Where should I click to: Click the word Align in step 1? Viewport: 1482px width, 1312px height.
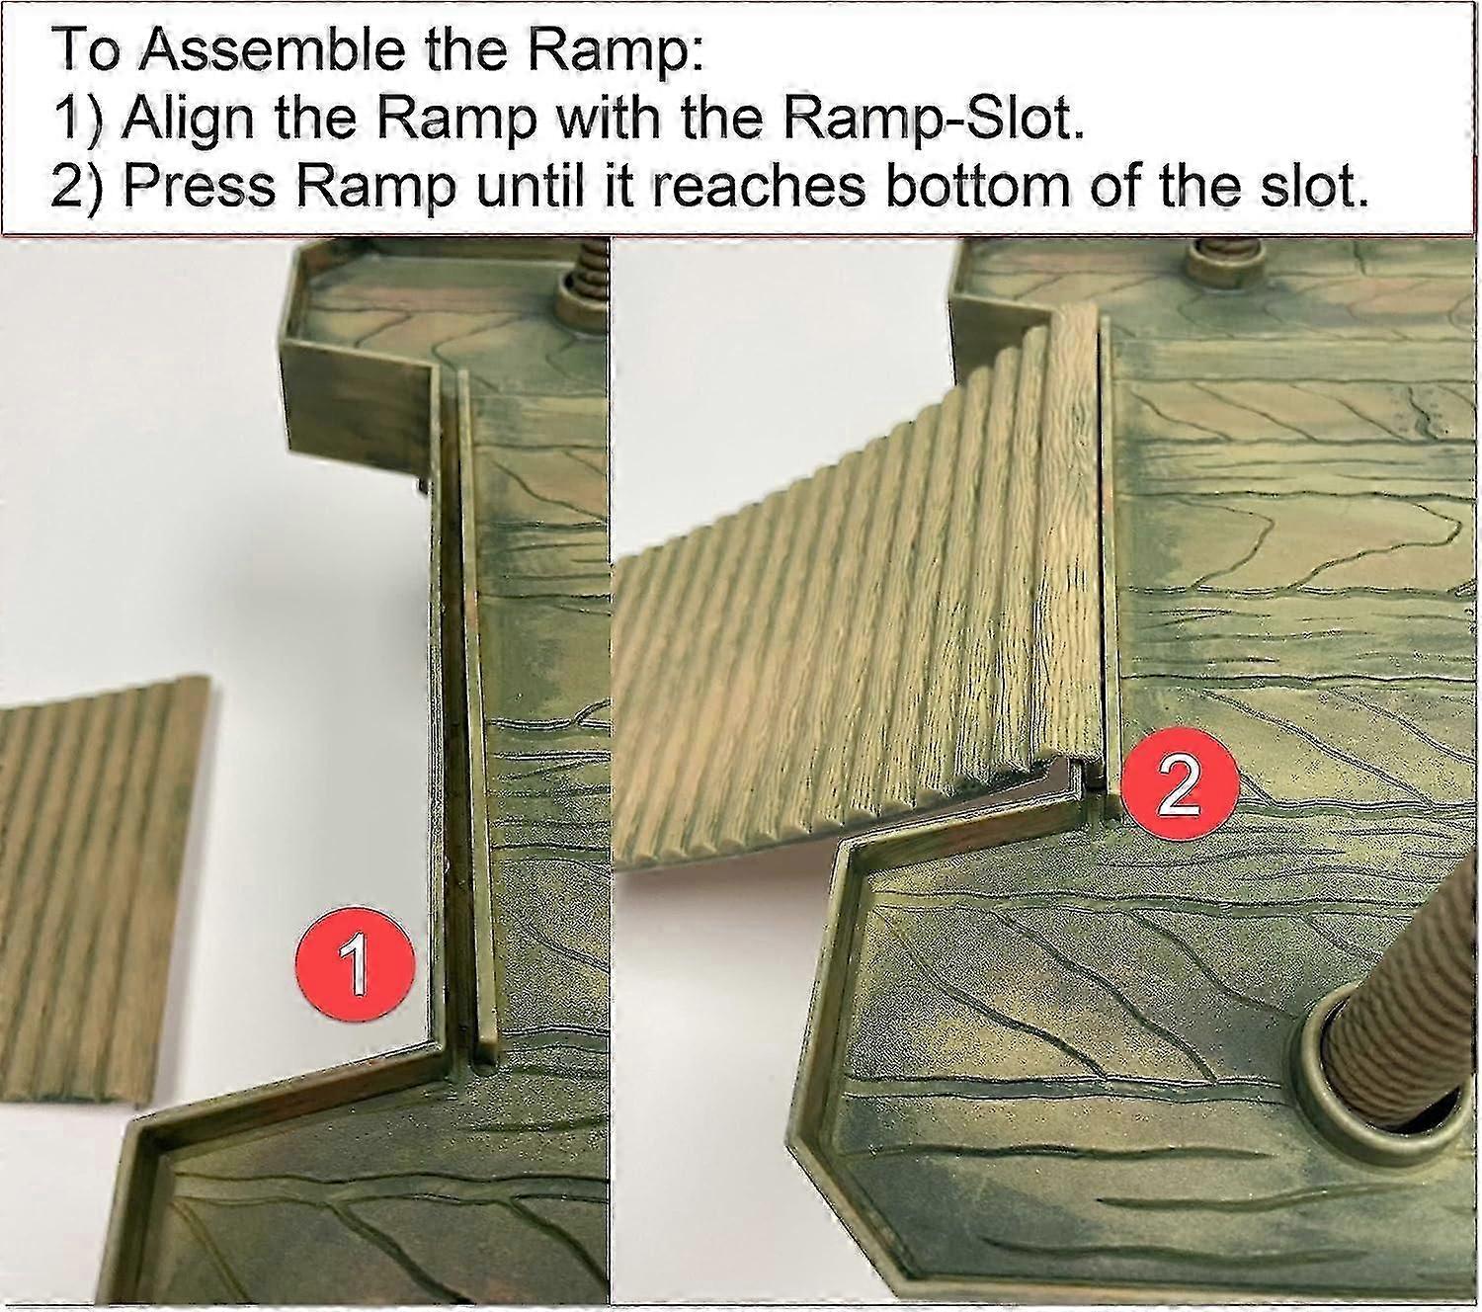(x=191, y=120)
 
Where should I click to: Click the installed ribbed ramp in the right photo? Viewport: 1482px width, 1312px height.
(x=864, y=629)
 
